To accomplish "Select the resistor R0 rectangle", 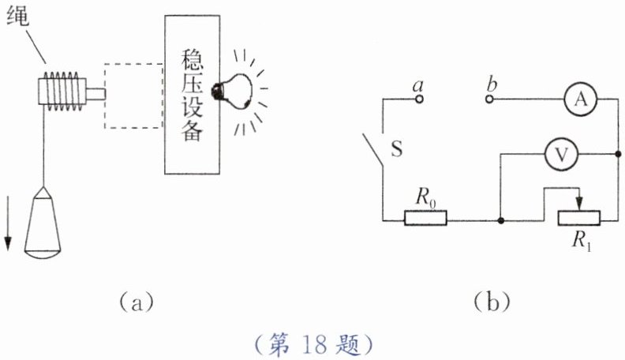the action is tap(425, 218).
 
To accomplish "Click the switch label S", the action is tap(397, 150).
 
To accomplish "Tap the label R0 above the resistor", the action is tap(428, 198).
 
